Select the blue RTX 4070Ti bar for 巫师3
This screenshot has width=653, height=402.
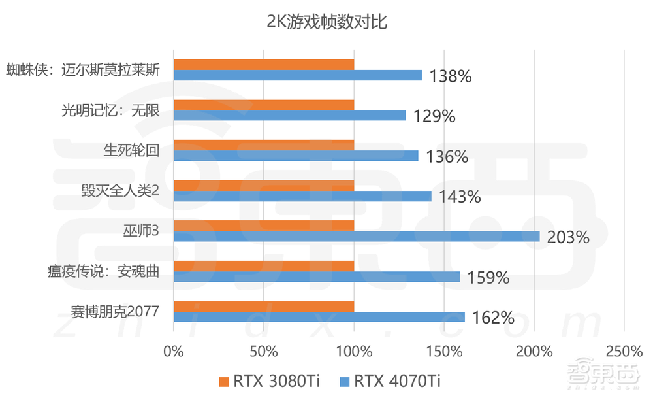(357, 236)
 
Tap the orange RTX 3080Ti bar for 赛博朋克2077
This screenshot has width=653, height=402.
(264, 307)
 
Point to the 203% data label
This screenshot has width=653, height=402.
(568, 237)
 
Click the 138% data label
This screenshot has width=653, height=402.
(450, 76)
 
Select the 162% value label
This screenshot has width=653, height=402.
(492, 318)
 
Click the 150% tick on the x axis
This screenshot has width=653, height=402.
(444, 352)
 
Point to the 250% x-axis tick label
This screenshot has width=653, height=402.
(624, 352)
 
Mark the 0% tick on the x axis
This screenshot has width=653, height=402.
(174, 352)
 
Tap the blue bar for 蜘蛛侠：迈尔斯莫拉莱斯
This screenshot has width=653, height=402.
(298, 75)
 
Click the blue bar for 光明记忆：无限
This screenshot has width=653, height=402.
(290, 116)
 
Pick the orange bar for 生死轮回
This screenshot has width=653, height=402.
(264, 145)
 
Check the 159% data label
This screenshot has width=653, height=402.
(487, 278)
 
